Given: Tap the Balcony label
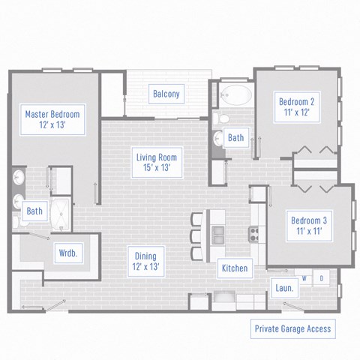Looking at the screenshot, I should [x=166, y=94].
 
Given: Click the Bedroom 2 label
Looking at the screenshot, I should [x=295, y=106].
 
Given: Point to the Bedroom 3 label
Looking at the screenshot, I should [x=307, y=225].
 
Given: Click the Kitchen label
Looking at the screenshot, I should [x=234, y=268].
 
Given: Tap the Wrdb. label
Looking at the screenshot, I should [x=67, y=253].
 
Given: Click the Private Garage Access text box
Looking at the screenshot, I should [x=292, y=328].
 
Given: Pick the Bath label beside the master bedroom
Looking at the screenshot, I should [x=34, y=211].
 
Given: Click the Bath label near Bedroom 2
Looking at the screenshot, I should [x=235, y=137].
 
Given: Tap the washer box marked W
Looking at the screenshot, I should [x=305, y=278].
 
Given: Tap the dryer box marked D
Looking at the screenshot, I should [x=322, y=278].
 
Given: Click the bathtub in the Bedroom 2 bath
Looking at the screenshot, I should [x=236, y=96].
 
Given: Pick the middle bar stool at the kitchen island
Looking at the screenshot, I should [x=196, y=236].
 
